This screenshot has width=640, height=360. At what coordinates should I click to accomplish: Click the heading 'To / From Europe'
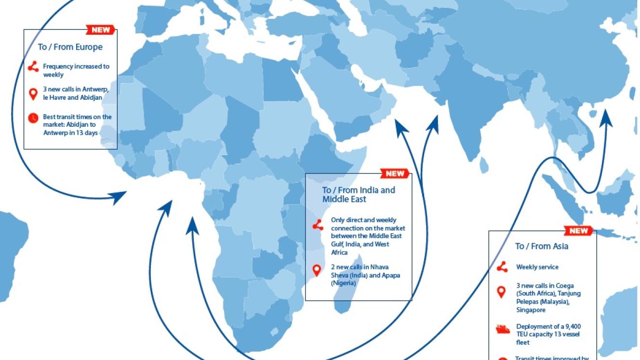(70, 47)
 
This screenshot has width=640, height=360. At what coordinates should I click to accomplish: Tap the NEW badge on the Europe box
(101, 30)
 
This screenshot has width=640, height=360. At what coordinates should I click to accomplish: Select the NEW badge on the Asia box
(579, 231)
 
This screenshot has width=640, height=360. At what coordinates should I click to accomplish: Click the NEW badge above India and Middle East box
(395, 173)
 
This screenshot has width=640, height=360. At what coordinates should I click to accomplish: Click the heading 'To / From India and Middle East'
(358, 194)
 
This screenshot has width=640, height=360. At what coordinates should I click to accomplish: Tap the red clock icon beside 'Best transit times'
(33, 117)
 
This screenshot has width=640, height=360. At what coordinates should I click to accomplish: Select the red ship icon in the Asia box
(503, 330)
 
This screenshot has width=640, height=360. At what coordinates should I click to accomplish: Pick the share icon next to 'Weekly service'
(502, 267)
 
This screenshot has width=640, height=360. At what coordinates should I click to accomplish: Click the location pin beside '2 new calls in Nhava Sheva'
(317, 270)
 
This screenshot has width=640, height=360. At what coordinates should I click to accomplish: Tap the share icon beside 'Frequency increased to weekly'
(33, 67)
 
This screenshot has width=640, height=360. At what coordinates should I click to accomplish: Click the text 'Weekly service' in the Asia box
(537, 267)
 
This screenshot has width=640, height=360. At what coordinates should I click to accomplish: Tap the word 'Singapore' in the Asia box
(531, 310)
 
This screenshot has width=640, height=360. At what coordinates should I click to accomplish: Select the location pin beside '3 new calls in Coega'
(502, 292)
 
